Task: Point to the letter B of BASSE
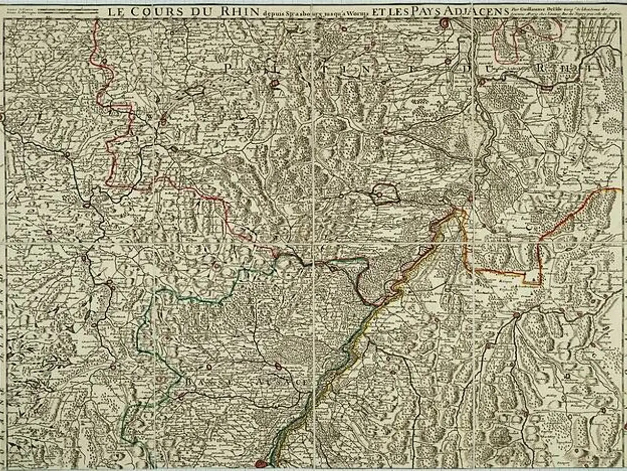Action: point(189,381)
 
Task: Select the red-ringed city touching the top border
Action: point(445,22)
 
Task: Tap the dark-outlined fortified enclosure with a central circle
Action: point(383,196)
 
